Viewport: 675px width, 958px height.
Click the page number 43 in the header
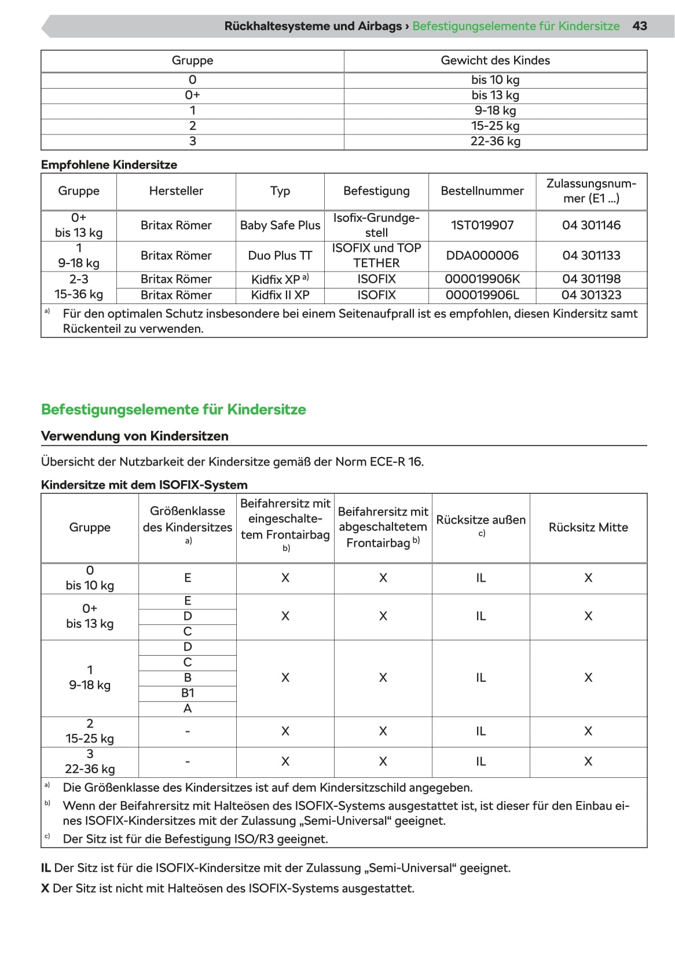(639, 26)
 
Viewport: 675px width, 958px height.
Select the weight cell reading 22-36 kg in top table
(495, 141)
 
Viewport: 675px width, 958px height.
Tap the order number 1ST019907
(482, 225)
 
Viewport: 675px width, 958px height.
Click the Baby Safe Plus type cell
(280, 225)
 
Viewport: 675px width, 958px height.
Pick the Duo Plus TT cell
(280, 255)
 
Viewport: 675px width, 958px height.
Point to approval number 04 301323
(591, 295)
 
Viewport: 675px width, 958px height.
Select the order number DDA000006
(482, 255)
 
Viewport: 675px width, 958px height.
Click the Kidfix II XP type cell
(280, 295)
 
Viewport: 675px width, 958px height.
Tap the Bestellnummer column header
(482, 191)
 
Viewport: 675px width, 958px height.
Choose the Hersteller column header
(176, 191)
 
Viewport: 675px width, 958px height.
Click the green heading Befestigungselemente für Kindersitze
(173, 409)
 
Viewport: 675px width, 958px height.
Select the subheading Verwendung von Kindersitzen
(134, 436)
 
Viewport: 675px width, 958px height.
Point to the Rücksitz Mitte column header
(588, 527)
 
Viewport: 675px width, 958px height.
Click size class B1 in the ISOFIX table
(188, 693)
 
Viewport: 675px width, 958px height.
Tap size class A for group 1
(188, 708)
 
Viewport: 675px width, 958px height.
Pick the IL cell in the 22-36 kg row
(480, 762)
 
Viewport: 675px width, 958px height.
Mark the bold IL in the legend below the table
(46, 868)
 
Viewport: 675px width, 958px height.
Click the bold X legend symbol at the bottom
(45, 888)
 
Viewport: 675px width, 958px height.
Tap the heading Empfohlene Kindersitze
(109, 165)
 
